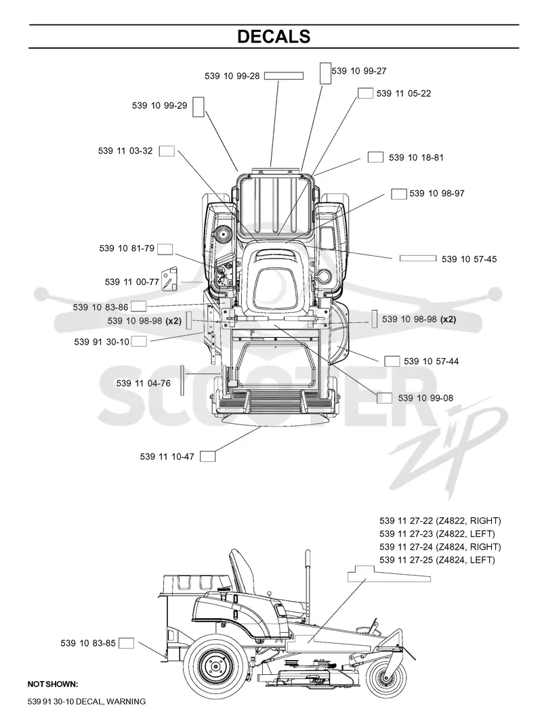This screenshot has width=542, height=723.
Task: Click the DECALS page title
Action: [274, 37]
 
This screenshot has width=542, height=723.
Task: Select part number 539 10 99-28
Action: [232, 76]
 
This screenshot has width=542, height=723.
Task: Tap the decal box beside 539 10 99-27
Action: [325, 73]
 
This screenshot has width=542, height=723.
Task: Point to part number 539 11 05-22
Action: [404, 93]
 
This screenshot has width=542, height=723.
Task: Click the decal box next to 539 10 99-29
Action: [198, 106]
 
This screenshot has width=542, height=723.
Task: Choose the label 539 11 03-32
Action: [125, 151]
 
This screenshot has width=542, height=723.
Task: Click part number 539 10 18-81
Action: [416, 158]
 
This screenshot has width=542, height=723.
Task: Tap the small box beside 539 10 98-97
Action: [399, 194]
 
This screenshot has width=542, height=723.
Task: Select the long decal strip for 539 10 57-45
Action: [418, 258]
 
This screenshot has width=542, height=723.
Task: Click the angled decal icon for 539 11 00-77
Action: [169, 278]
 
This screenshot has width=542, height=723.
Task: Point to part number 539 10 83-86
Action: [100, 307]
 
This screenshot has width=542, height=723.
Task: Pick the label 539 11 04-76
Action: [144, 383]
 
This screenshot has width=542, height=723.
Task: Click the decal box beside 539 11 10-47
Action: [207, 456]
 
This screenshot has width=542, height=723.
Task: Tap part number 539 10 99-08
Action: [425, 398]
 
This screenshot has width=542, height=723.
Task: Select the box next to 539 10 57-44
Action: [392, 361]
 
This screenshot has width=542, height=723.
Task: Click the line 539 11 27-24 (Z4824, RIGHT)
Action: [440, 547]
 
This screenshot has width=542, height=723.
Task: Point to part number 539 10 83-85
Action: [88, 642]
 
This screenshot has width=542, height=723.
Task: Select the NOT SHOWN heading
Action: [53, 684]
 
